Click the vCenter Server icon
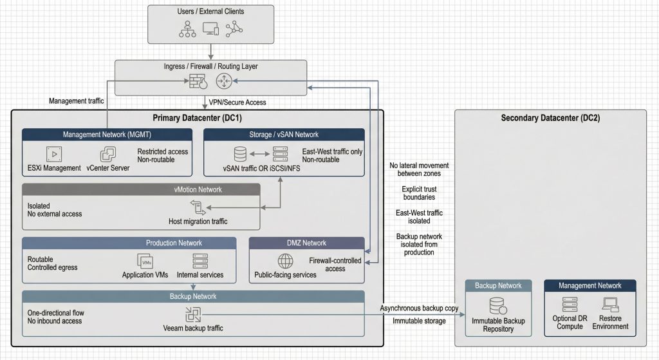(x=107, y=155)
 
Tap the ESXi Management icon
(x=53, y=155)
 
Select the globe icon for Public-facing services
(x=285, y=261)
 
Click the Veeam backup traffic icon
(x=193, y=314)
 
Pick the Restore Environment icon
(x=610, y=305)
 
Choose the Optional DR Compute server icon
(x=570, y=305)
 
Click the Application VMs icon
(x=145, y=261)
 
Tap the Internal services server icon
(x=200, y=261)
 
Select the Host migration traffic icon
(x=197, y=207)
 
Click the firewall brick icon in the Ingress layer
(x=196, y=82)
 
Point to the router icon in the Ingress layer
(x=224, y=82)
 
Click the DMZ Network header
(x=306, y=243)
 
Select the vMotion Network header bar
(x=141, y=189)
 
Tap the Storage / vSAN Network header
(x=284, y=135)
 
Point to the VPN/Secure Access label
(x=237, y=102)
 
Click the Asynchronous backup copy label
(x=419, y=308)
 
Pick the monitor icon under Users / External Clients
(x=210, y=29)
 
